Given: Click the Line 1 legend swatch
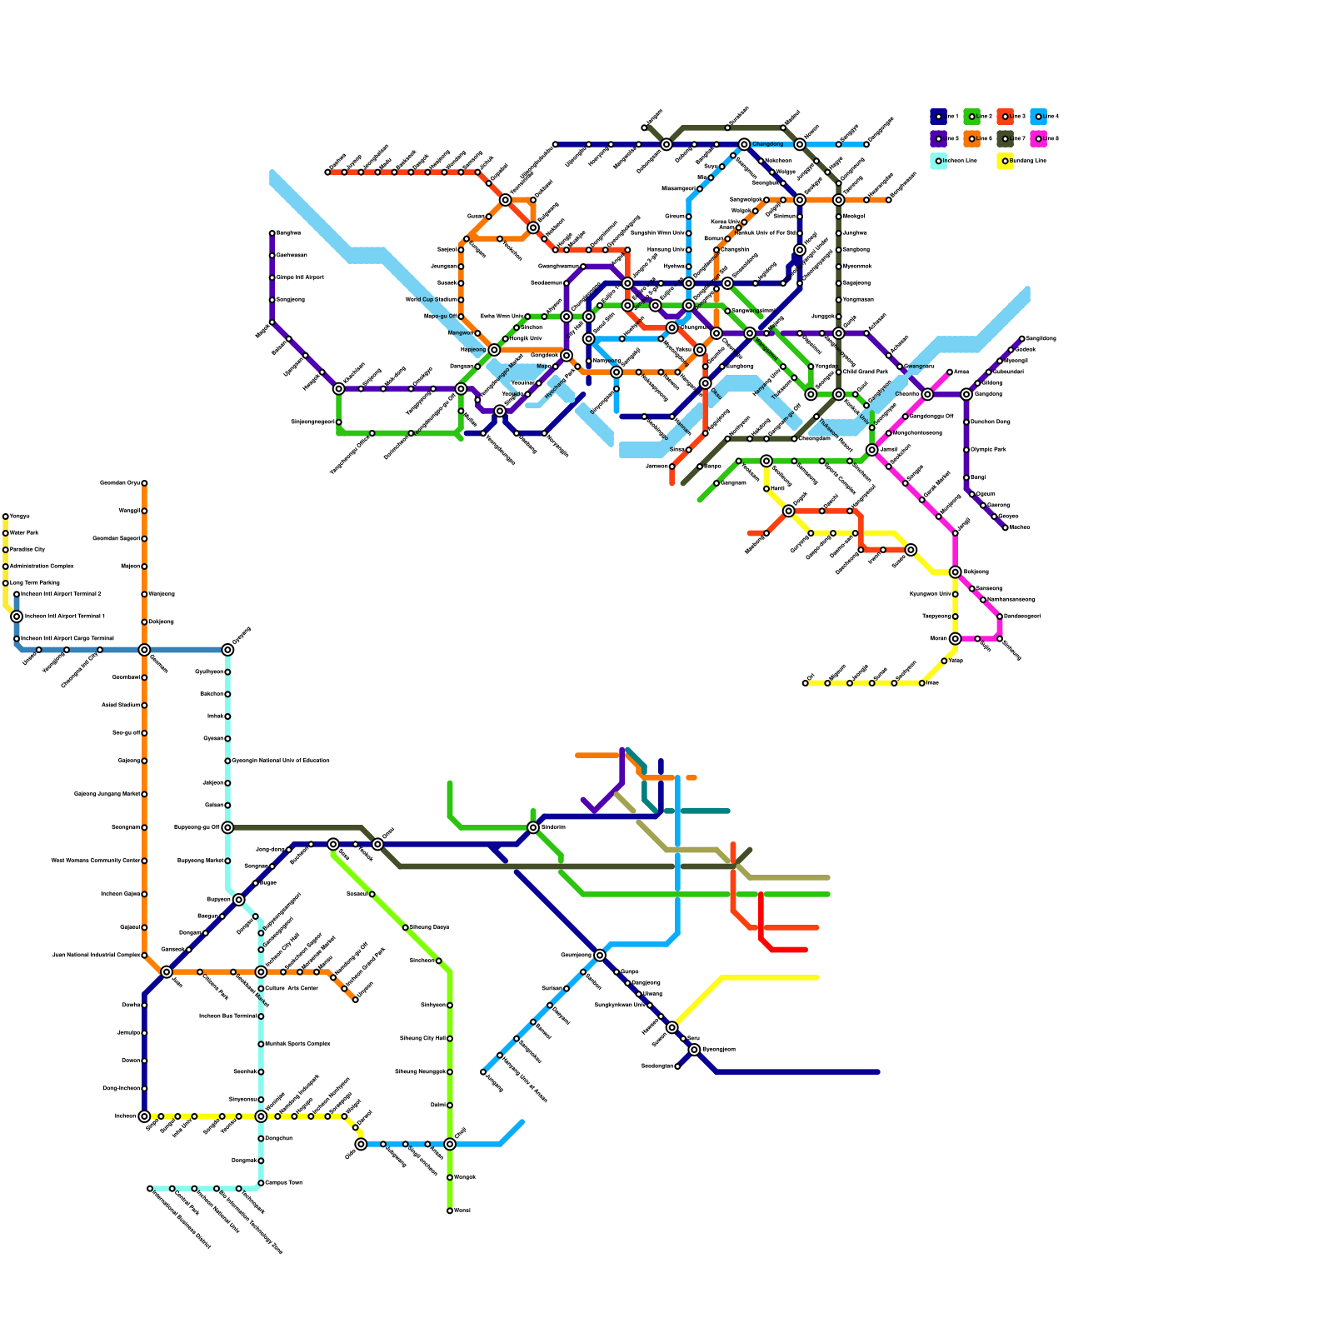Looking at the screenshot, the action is [939, 117].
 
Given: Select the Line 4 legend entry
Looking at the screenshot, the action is [1039, 117].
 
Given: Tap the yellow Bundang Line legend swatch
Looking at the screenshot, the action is [1006, 161].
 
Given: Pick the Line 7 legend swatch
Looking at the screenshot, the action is [1006, 138].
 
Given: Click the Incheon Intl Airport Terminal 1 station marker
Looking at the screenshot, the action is [17, 617].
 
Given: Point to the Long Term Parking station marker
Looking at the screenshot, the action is [5, 583].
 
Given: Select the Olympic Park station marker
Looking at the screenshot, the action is [966, 450].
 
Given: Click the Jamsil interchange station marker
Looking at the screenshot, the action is [872, 450].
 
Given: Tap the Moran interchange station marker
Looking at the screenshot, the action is [956, 639].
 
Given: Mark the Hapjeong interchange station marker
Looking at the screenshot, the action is [494, 350].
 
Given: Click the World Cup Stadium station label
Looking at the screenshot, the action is [431, 300].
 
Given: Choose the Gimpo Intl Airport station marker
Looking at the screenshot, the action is [272, 277].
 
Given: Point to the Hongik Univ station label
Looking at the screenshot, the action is [526, 339].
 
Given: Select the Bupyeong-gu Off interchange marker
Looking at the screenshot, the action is [227, 827].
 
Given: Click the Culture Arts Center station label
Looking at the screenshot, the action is [292, 989].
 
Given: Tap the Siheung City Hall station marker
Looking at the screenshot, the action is [450, 1039].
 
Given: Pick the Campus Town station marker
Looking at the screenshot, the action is [261, 1183].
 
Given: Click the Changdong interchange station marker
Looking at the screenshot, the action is [744, 144].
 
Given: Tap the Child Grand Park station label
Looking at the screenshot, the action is [866, 372].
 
